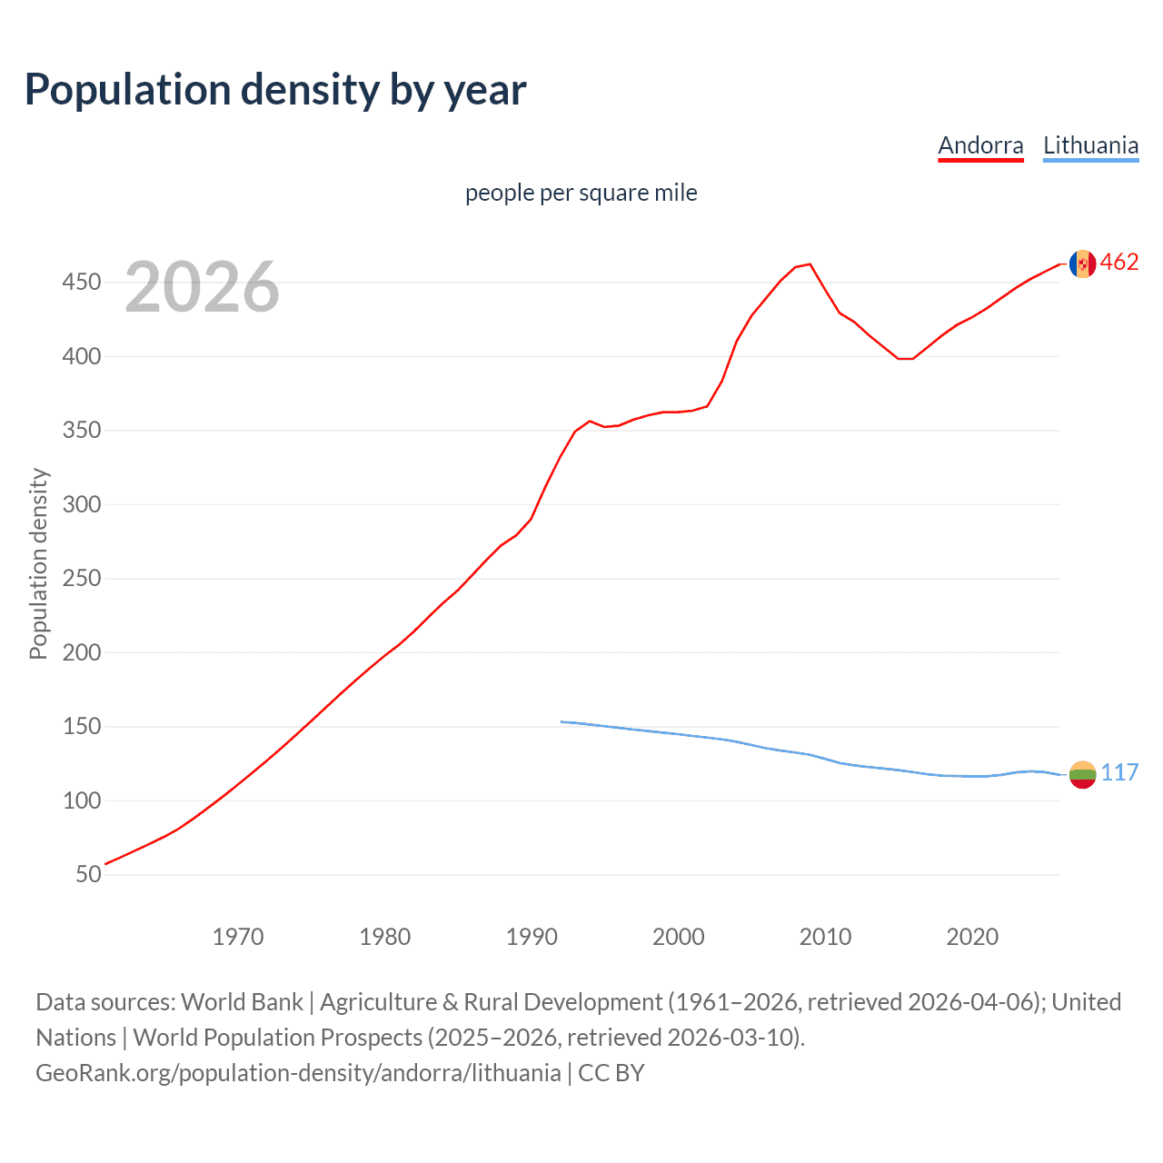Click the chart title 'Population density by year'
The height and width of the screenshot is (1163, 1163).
(275, 90)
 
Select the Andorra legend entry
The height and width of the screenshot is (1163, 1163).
(980, 145)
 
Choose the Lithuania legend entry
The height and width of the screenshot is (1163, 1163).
(1090, 145)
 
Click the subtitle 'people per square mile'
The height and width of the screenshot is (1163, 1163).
(581, 193)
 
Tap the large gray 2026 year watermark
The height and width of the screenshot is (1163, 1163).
(202, 287)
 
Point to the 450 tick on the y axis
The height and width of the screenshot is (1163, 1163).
(82, 283)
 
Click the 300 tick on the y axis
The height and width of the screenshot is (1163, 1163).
(82, 504)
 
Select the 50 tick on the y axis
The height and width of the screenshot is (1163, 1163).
(88, 875)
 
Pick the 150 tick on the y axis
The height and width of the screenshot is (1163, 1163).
(82, 727)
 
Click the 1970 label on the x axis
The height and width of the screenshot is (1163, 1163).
(238, 937)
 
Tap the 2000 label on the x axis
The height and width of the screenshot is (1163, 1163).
(678, 937)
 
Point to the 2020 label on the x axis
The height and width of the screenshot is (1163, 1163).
(972, 937)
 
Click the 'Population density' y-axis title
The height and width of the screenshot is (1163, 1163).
(38, 563)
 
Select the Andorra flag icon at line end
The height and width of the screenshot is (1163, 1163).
(1082, 263)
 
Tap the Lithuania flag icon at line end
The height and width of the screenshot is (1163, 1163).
(1082, 774)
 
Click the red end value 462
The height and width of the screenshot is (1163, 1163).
(1119, 263)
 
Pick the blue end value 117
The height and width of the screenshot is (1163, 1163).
(1119, 773)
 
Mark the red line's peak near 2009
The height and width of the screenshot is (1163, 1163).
(810, 264)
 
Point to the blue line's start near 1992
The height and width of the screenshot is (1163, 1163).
(562, 721)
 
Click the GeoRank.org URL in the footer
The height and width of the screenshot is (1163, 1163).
(298, 1073)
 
